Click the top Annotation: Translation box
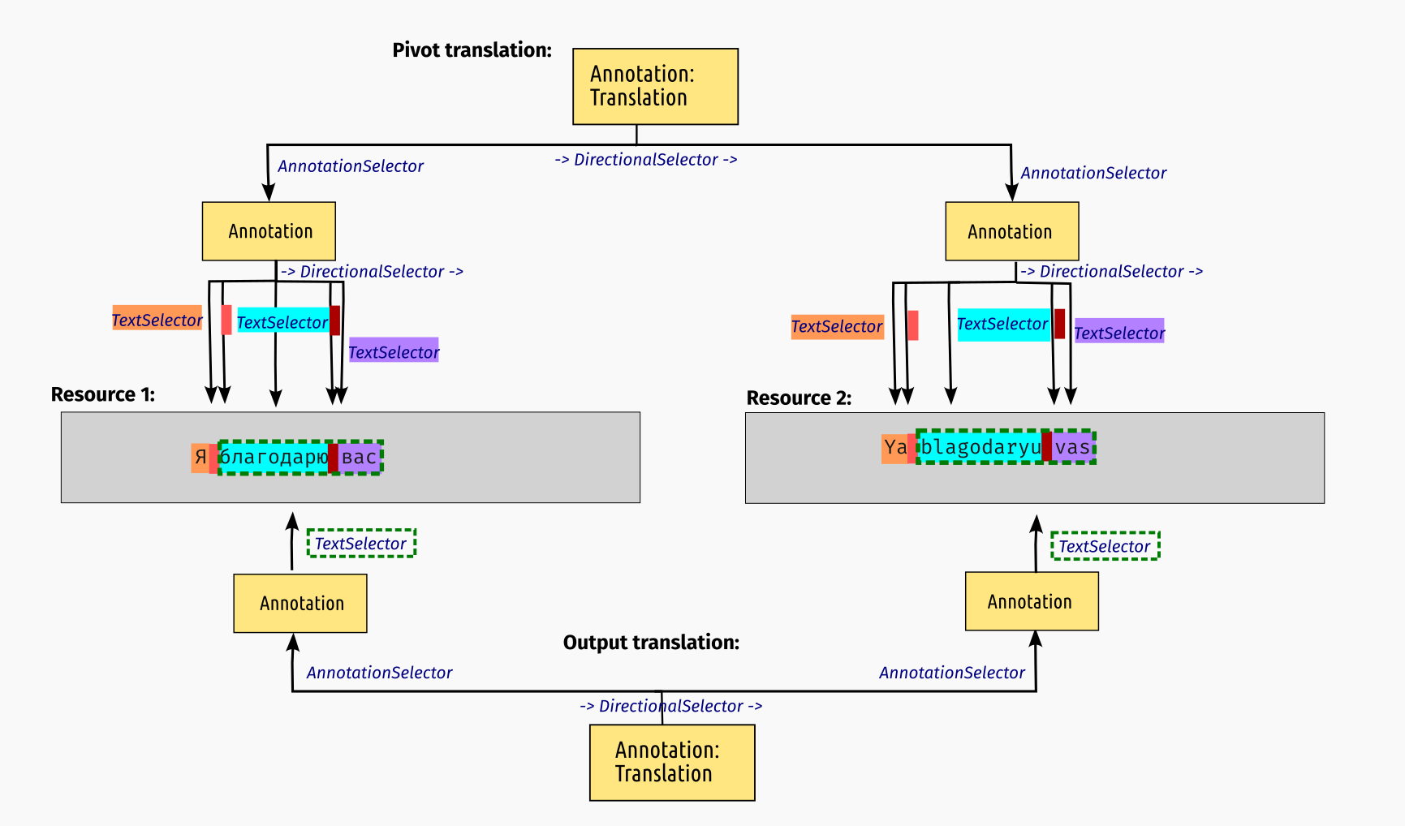pyautogui.click(x=655, y=86)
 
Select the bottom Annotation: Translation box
pyautogui.click(x=672, y=763)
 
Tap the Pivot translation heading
pyautogui.click(x=472, y=50)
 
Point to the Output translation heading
pyautogui.click(x=651, y=643)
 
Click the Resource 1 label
pyautogui.click(x=102, y=395)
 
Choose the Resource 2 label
pyautogui.click(x=799, y=398)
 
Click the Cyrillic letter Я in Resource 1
pyautogui.click(x=200, y=458)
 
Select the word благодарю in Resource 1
pyautogui.click(x=274, y=458)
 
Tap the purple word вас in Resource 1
pyautogui.click(x=359, y=458)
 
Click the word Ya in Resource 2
pyautogui.click(x=894, y=448)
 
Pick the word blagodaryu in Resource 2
pyautogui.click(x=980, y=448)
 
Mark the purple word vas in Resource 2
pyautogui.click(x=1072, y=448)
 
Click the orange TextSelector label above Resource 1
pyautogui.click(x=157, y=320)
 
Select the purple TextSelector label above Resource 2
pyautogui.click(x=1118, y=333)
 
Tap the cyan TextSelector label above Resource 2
pyautogui.click(x=1002, y=325)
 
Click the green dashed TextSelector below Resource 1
pyautogui.click(x=361, y=544)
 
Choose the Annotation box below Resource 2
pyautogui.click(x=1031, y=602)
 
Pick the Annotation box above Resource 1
pyautogui.click(x=269, y=231)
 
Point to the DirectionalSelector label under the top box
pyautogui.click(x=646, y=160)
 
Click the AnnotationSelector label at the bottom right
pyautogui.click(x=951, y=673)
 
